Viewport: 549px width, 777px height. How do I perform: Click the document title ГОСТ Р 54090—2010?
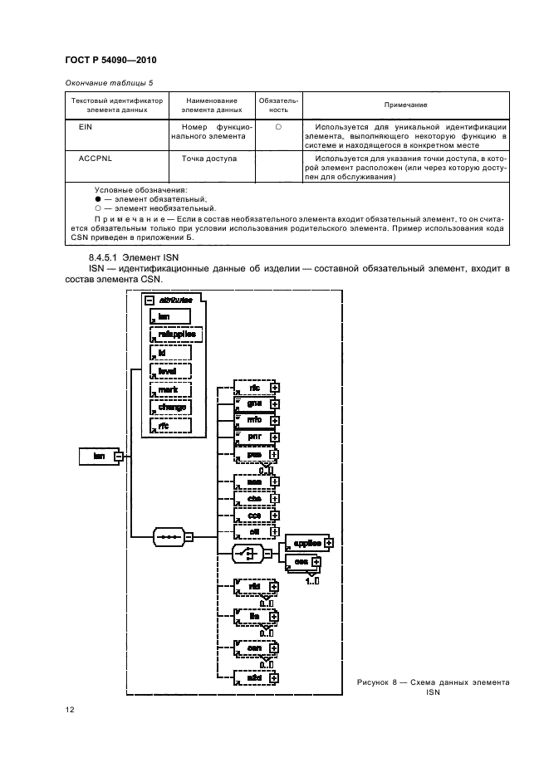coord(110,60)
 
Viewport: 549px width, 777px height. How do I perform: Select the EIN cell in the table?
coord(84,127)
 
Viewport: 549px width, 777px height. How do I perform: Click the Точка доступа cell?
coord(208,157)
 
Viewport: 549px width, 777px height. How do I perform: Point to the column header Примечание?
coord(405,105)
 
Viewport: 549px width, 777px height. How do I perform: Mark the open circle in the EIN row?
coord(278,127)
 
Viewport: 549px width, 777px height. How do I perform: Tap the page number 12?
coord(71,709)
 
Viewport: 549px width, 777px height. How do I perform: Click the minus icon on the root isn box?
coord(119,456)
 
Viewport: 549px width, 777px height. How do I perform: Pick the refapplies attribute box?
coord(170,334)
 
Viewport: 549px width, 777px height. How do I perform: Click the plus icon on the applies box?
coord(329,542)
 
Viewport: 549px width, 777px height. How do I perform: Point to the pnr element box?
coord(256,437)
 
